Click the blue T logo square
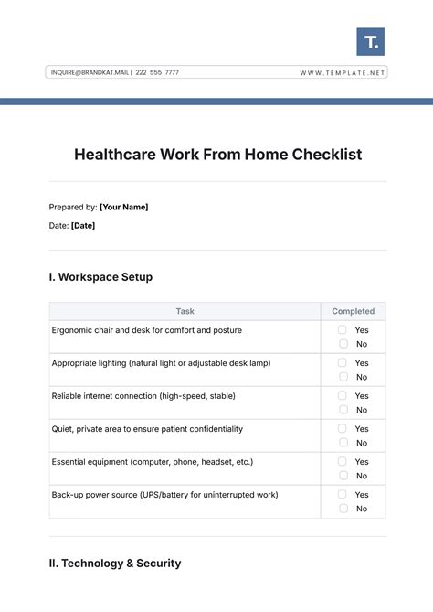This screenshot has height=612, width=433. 370,41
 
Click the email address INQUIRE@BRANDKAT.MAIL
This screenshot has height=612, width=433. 90,72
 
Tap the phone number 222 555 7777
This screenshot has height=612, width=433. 157,72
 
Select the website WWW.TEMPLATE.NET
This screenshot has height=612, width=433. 343,72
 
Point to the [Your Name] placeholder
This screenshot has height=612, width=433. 123,207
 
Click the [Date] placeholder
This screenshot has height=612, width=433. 83,225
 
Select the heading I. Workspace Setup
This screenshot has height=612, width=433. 100,276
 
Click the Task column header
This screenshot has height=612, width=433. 185,311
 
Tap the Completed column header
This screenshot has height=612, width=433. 353,311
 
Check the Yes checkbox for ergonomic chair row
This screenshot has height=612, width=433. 343,329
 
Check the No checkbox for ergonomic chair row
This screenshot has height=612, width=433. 343,344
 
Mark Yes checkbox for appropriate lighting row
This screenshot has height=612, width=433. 343,362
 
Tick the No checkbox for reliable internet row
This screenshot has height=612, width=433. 343,410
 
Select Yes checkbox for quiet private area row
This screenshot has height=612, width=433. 343,428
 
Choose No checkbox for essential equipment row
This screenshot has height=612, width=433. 343,476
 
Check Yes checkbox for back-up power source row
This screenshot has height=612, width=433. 343,494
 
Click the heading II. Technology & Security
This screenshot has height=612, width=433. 115,564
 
